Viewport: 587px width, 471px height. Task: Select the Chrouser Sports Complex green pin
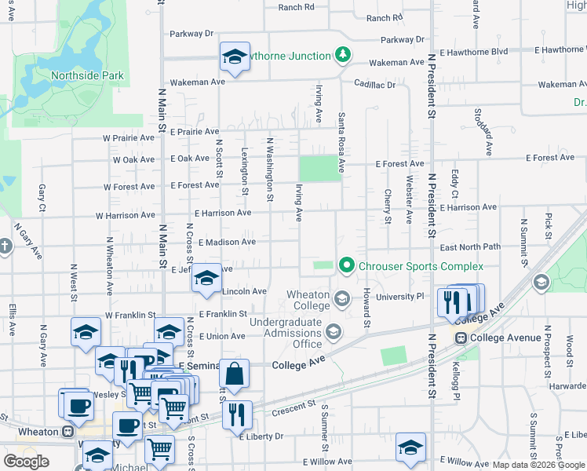pyautogui.click(x=346, y=266)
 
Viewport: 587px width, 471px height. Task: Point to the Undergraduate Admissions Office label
pyautogui.click(x=286, y=333)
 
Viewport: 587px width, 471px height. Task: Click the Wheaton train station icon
pyautogui.click(x=68, y=431)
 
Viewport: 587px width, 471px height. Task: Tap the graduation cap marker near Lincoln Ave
pyautogui.click(x=206, y=279)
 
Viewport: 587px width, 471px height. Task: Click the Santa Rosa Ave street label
pyautogui.click(x=341, y=142)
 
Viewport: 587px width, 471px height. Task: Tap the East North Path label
pyautogui.click(x=470, y=246)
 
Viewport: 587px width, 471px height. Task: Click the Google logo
pyautogui.click(x=27, y=462)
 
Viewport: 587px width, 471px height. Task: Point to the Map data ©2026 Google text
pyautogui.click(x=538, y=465)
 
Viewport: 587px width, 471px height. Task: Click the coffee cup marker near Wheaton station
pyautogui.click(x=78, y=406)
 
